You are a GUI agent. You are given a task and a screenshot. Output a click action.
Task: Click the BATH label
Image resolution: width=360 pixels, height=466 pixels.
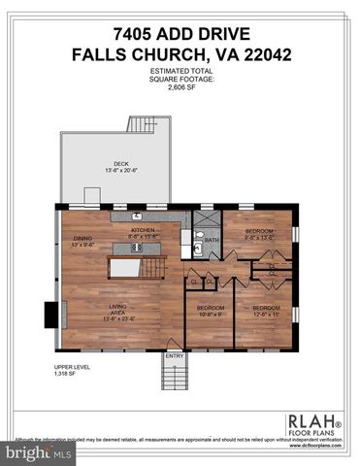(212, 240)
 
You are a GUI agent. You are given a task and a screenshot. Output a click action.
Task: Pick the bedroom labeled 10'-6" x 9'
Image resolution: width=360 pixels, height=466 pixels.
(211, 311)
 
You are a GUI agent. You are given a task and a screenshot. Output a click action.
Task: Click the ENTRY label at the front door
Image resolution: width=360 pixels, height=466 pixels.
(174, 355)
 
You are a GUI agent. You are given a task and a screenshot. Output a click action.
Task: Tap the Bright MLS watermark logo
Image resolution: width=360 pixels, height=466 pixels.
(37, 452)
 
